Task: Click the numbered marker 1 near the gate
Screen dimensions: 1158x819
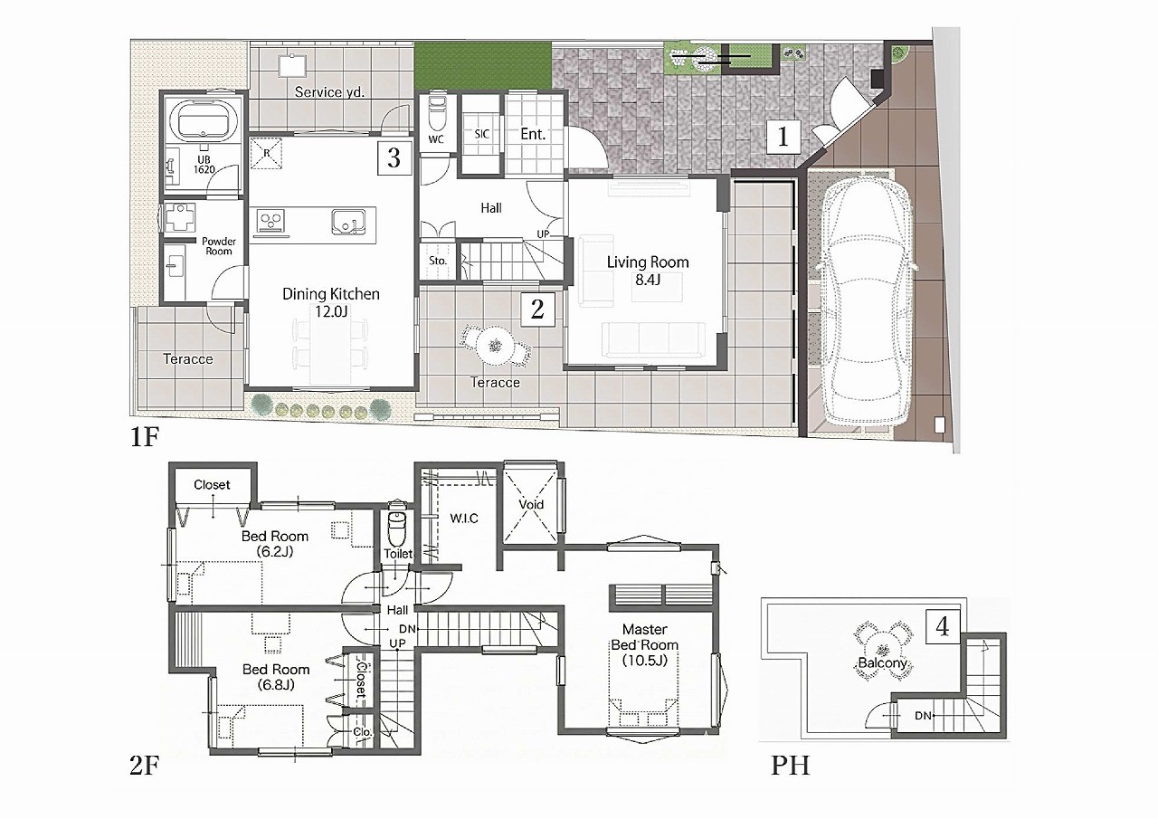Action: point(783,137)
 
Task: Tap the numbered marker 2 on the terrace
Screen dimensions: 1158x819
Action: point(537,310)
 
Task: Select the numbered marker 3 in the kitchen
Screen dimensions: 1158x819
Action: point(394,157)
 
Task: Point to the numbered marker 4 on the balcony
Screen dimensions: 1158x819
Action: point(943,626)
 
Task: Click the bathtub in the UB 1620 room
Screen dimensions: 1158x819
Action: point(204,120)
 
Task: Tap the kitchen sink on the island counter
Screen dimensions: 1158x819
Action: point(348,223)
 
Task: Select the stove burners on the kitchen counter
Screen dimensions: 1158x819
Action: point(271,222)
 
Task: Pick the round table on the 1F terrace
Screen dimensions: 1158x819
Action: point(495,346)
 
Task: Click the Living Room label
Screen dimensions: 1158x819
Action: point(648,262)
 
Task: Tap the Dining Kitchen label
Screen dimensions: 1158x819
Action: point(331,294)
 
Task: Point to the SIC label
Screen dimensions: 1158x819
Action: point(482,134)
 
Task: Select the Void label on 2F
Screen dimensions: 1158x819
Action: point(531,504)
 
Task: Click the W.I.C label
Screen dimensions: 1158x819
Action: point(464,518)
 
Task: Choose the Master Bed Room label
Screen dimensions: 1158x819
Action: point(645,637)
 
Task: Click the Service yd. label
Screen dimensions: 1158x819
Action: point(330,92)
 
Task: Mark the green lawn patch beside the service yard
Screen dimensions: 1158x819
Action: point(483,66)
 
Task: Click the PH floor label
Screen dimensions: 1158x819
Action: point(791,766)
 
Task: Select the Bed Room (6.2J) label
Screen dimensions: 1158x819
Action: point(275,543)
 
